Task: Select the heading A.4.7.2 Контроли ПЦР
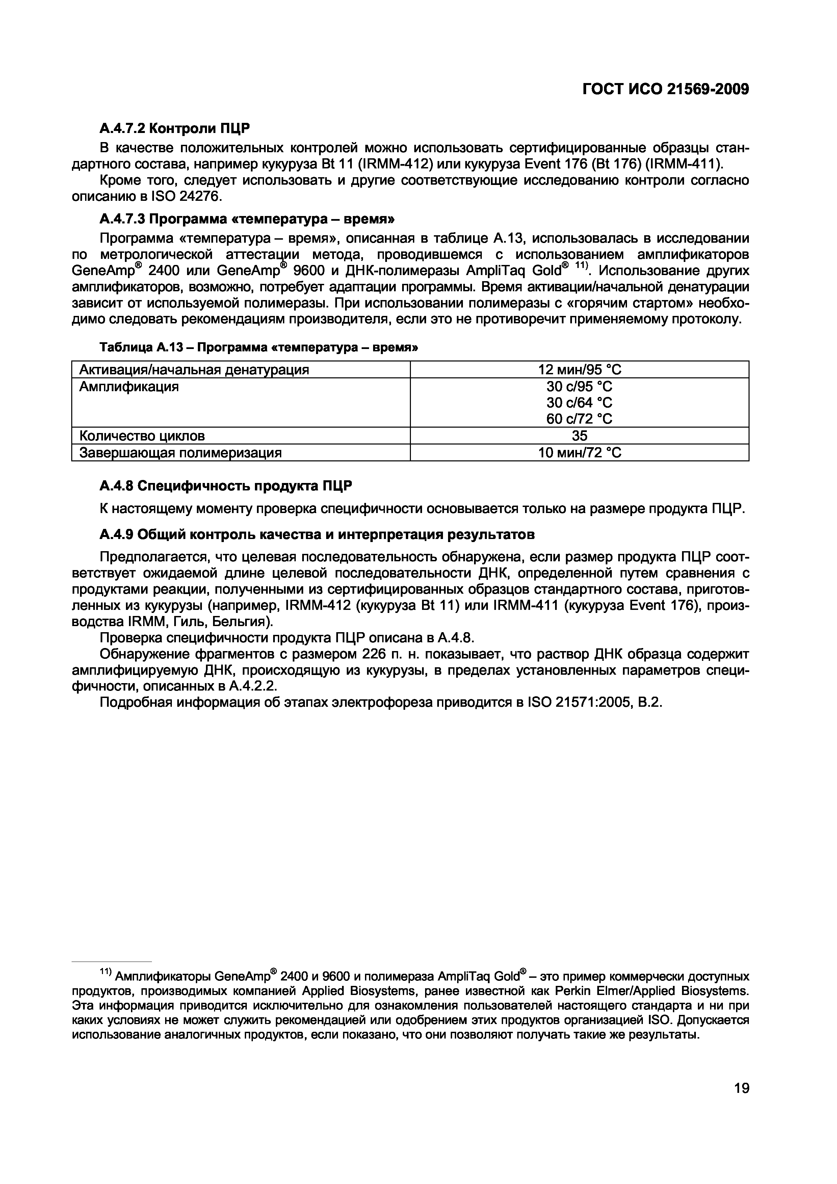click(174, 127)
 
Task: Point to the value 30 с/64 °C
click(579, 402)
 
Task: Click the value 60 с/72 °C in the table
click(579, 419)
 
